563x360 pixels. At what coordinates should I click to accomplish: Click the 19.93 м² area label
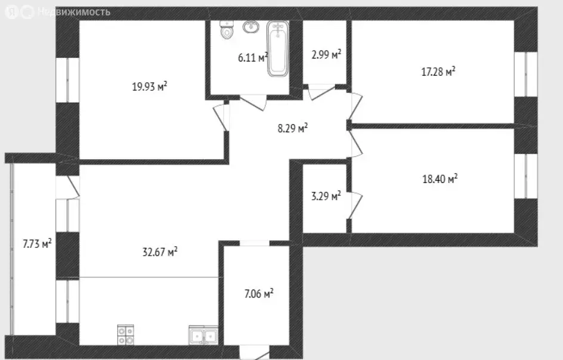150,86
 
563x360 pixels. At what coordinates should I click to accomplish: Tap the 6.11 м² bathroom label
253,57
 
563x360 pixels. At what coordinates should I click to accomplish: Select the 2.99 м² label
326,55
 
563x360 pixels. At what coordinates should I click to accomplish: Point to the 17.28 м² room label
438,72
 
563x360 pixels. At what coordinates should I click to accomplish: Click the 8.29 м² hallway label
293,128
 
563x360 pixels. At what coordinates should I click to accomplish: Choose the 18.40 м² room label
440,179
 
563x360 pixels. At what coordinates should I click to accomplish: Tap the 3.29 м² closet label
326,196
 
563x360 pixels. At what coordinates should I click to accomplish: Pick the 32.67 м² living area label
160,252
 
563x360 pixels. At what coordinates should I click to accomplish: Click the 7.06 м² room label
259,294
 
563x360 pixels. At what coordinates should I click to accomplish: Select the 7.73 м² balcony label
37,244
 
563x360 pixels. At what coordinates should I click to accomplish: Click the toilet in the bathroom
227,30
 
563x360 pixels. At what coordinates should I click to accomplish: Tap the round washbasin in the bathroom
251,27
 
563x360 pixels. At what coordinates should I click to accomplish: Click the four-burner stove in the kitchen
125,335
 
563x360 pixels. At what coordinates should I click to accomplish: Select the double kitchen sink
203,336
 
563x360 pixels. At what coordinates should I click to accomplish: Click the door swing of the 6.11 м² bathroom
253,103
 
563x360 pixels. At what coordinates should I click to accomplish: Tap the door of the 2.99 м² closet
321,92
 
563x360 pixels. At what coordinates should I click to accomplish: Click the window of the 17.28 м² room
525,75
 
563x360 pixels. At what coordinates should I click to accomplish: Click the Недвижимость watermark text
73,12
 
